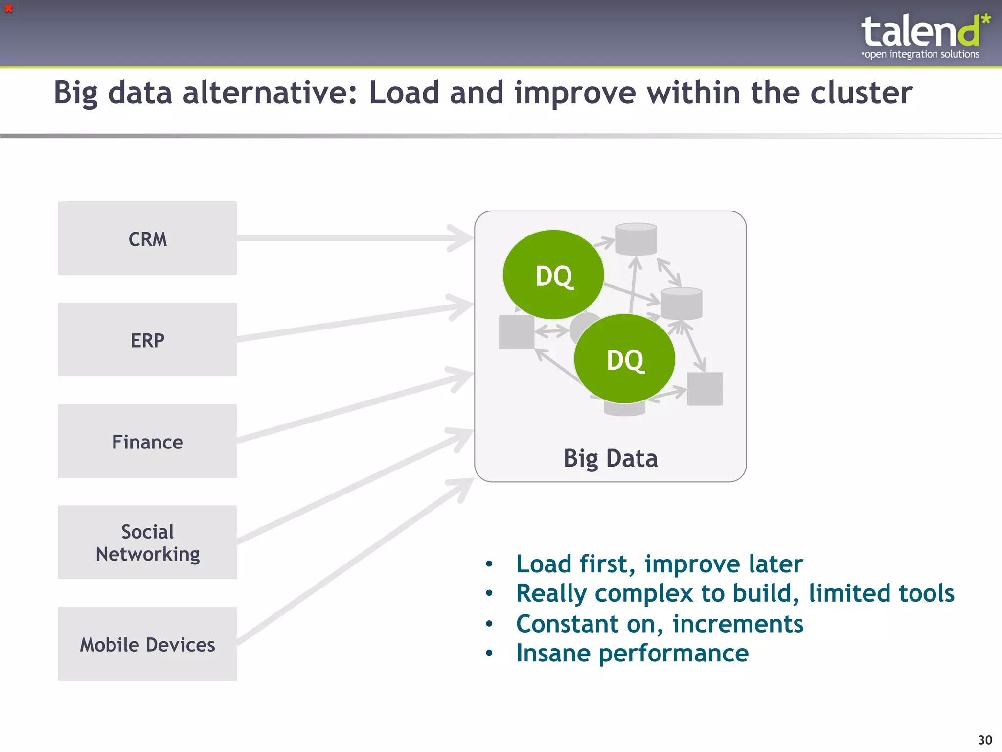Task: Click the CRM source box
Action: click(147, 238)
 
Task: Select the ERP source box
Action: click(147, 340)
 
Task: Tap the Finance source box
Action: click(147, 441)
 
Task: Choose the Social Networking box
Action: click(147, 542)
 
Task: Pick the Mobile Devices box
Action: click(147, 644)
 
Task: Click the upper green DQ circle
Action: click(553, 275)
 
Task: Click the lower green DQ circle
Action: click(625, 359)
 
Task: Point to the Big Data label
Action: click(610, 458)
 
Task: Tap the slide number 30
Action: click(984, 740)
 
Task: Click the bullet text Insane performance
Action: click(632, 653)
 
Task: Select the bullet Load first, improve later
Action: click(659, 564)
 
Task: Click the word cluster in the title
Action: click(861, 93)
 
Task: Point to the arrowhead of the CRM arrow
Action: click(462, 238)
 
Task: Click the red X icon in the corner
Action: click(8, 9)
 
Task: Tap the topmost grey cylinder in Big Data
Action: click(636, 239)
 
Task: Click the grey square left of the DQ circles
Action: click(516, 332)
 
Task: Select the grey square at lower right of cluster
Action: click(705, 389)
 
